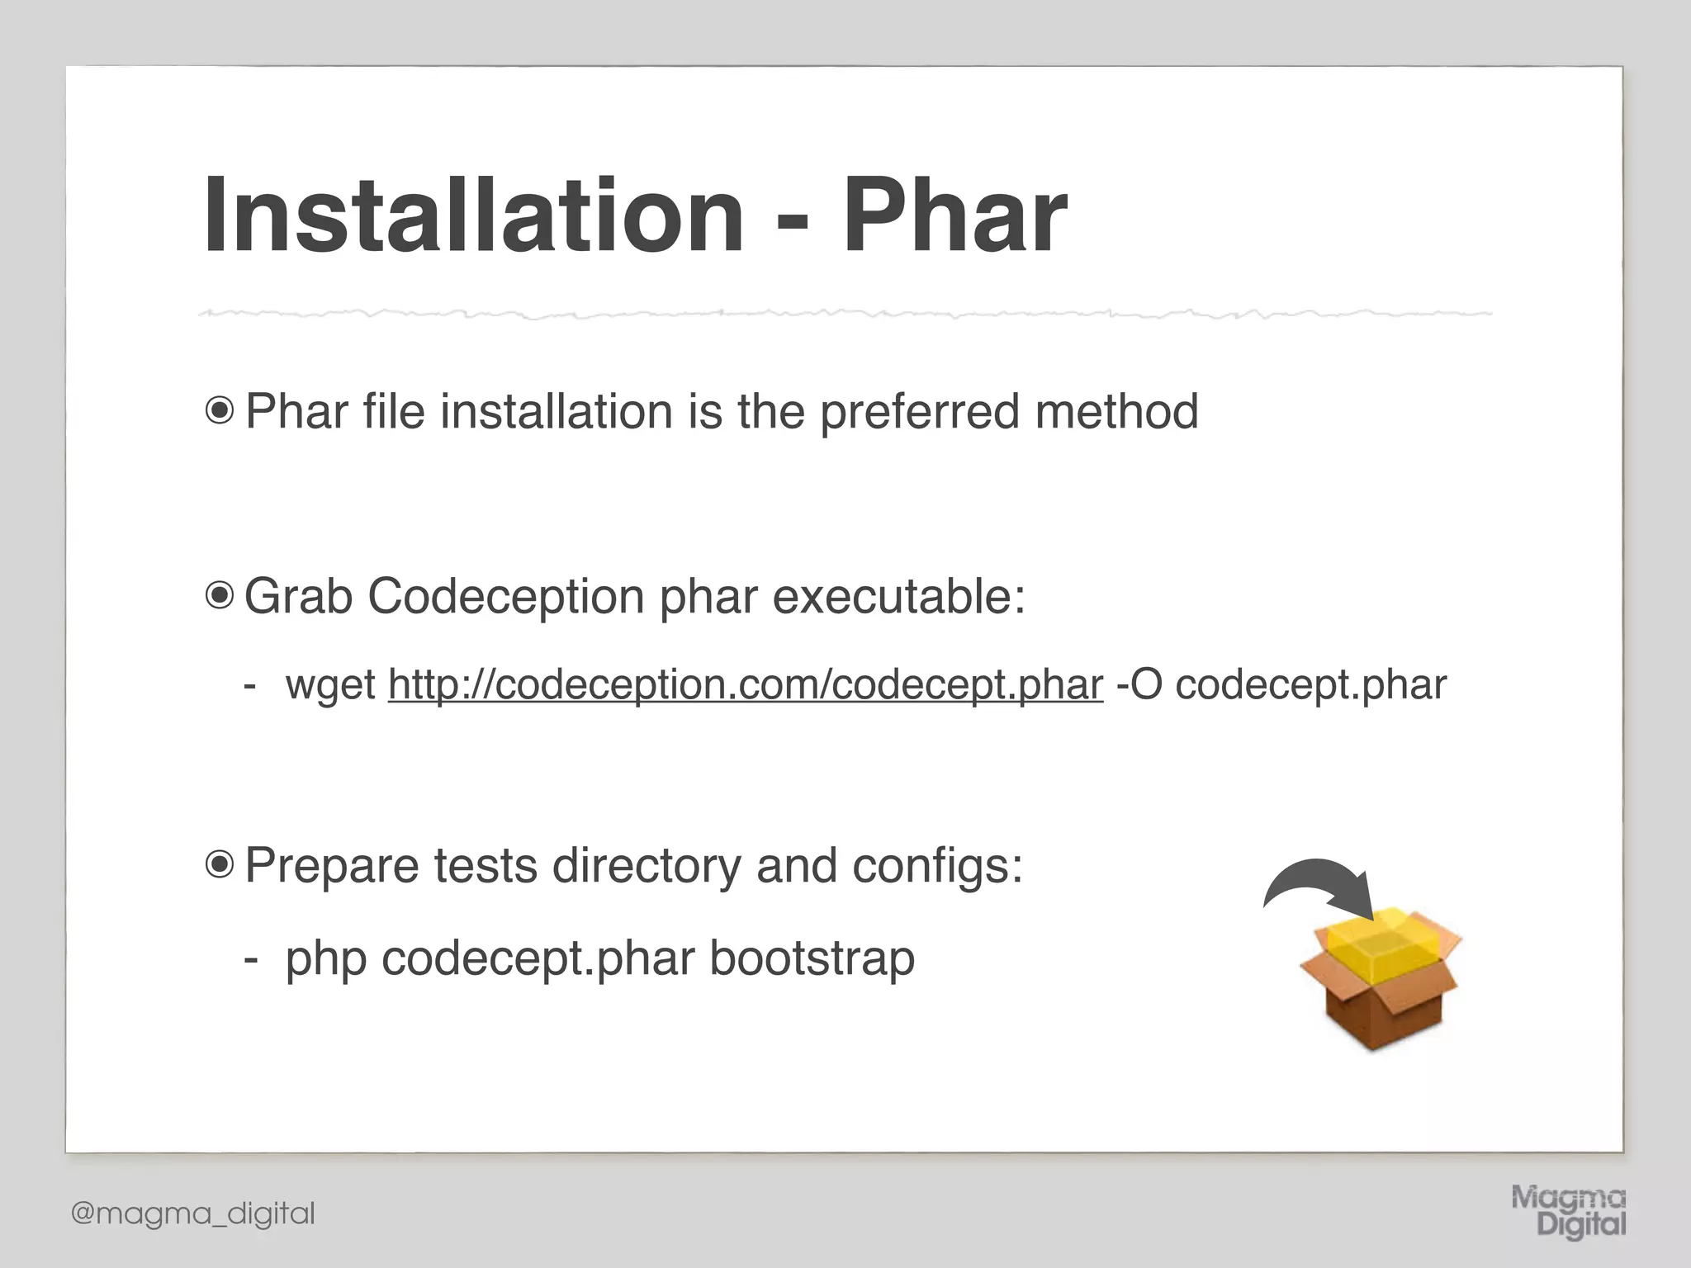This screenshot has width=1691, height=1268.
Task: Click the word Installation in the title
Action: (x=474, y=215)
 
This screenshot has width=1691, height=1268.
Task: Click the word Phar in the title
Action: (x=954, y=215)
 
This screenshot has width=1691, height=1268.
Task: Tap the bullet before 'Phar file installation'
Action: (x=220, y=410)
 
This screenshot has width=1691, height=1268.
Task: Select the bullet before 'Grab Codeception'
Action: (x=220, y=595)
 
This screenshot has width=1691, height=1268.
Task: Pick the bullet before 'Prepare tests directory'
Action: (x=220, y=864)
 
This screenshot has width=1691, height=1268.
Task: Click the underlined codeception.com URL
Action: (x=746, y=684)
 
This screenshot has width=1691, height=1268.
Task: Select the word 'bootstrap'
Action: (x=812, y=958)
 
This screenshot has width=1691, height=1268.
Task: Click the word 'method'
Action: (x=1116, y=410)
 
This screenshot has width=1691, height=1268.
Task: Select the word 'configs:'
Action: (x=937, y=866)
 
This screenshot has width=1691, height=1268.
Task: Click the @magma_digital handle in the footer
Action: (x=193, y=1214)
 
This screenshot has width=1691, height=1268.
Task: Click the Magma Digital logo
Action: (x=1569, y=1211)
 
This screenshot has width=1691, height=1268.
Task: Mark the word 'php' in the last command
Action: (x=326, y=959)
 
